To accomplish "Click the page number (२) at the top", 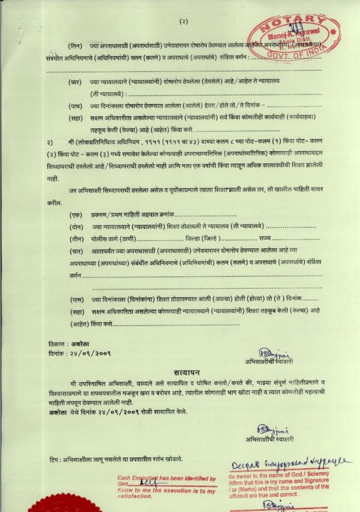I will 184,21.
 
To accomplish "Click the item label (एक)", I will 75,215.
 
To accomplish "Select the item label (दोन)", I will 75,226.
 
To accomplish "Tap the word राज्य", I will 265,238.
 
